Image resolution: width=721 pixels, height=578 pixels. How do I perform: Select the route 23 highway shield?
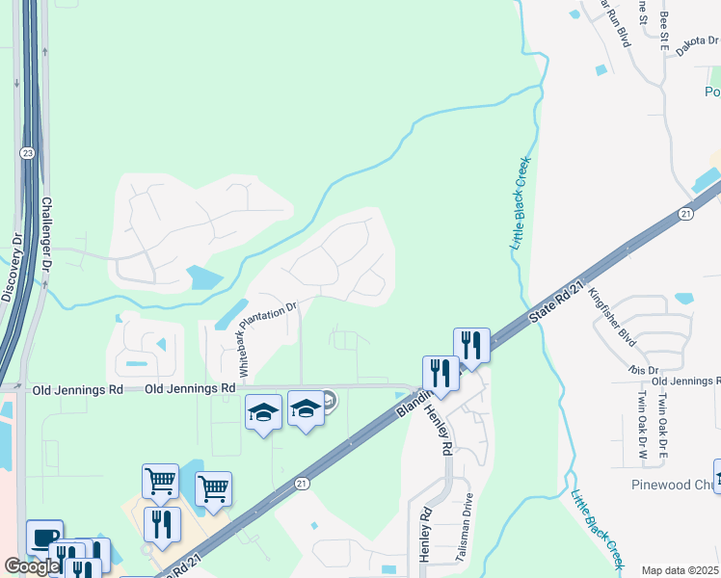coord(27,152)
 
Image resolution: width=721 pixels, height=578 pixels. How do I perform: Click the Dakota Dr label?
coord(697,41)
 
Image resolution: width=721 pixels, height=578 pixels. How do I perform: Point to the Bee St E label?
coord(664,30)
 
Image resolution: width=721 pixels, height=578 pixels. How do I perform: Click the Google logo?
coord(33,566)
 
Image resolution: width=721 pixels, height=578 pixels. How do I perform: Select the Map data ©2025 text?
coord(680,570)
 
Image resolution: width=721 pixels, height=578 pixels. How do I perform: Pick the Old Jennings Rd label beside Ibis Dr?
coord(685,381)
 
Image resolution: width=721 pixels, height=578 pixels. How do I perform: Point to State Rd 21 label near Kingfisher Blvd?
coord(558,303)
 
